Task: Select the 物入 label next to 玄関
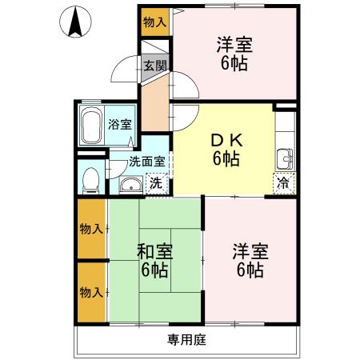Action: [154, 22]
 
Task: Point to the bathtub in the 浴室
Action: [92, 125]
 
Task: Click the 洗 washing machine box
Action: [157, 183]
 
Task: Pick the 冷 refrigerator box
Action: [282, 182]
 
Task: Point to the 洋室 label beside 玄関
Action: [234, 46]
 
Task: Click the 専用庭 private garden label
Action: [186, 340]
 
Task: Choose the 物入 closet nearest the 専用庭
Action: [91, 292]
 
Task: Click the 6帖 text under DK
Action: [226, 158]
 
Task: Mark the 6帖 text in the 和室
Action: [154, 270]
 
